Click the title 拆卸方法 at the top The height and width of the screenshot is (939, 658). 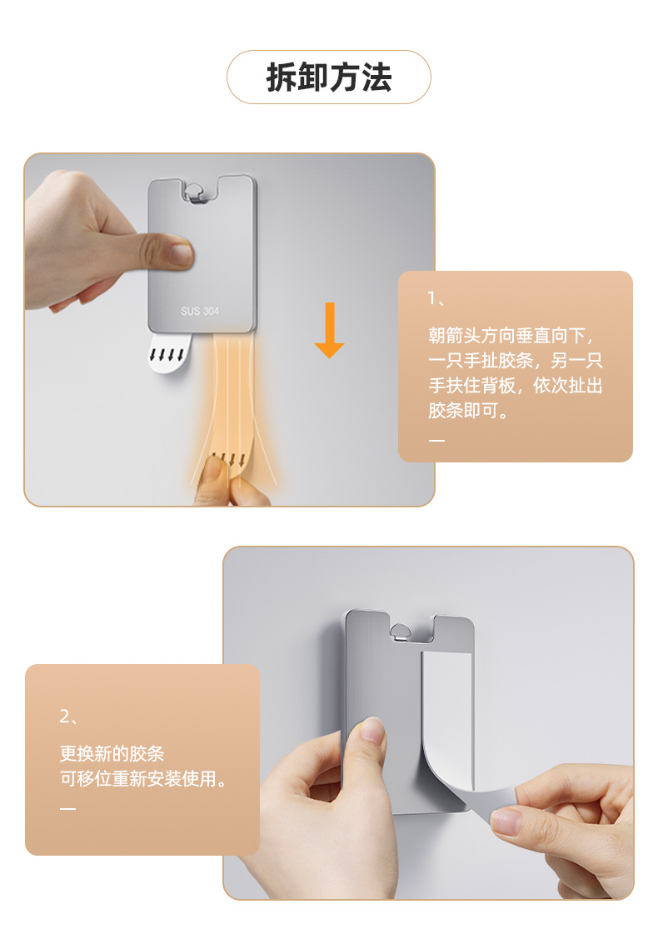[x=329, y=77]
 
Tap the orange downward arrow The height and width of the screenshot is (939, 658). [x=329, y=330]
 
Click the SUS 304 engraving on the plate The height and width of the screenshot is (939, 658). [x=200, y=311]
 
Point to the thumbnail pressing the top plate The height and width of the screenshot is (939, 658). [x=180, y=252]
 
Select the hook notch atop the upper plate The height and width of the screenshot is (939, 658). [x=197, y=192]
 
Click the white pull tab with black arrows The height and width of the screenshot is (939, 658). [x=169, y=353]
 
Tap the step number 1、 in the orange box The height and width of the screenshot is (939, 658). [x=436, y=297]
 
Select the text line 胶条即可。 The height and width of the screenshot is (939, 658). [x=467, y=410]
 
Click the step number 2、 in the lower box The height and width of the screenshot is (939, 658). [x=68, y=717]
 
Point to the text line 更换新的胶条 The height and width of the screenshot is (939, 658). [x=112, y=753]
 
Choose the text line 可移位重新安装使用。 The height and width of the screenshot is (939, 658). [x=143, y=778]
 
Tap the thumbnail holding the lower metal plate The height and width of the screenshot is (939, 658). [x=372, y=731]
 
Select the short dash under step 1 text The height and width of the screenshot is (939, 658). [x=436, y=440]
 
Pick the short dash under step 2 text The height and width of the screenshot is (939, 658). [x=67, y=808]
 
